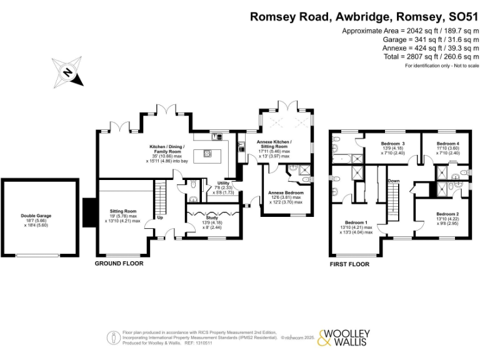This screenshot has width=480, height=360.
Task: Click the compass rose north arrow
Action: (68, 71)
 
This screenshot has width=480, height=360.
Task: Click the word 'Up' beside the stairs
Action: (160, 218)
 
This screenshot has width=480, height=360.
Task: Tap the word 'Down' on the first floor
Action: (394, 181)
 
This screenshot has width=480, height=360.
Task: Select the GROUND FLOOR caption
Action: (119, 264)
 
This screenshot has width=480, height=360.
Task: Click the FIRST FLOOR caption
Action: (349, 264)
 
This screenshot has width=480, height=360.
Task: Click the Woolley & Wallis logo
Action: (344, 337)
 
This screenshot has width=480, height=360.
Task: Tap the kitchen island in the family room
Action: (204, 154)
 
